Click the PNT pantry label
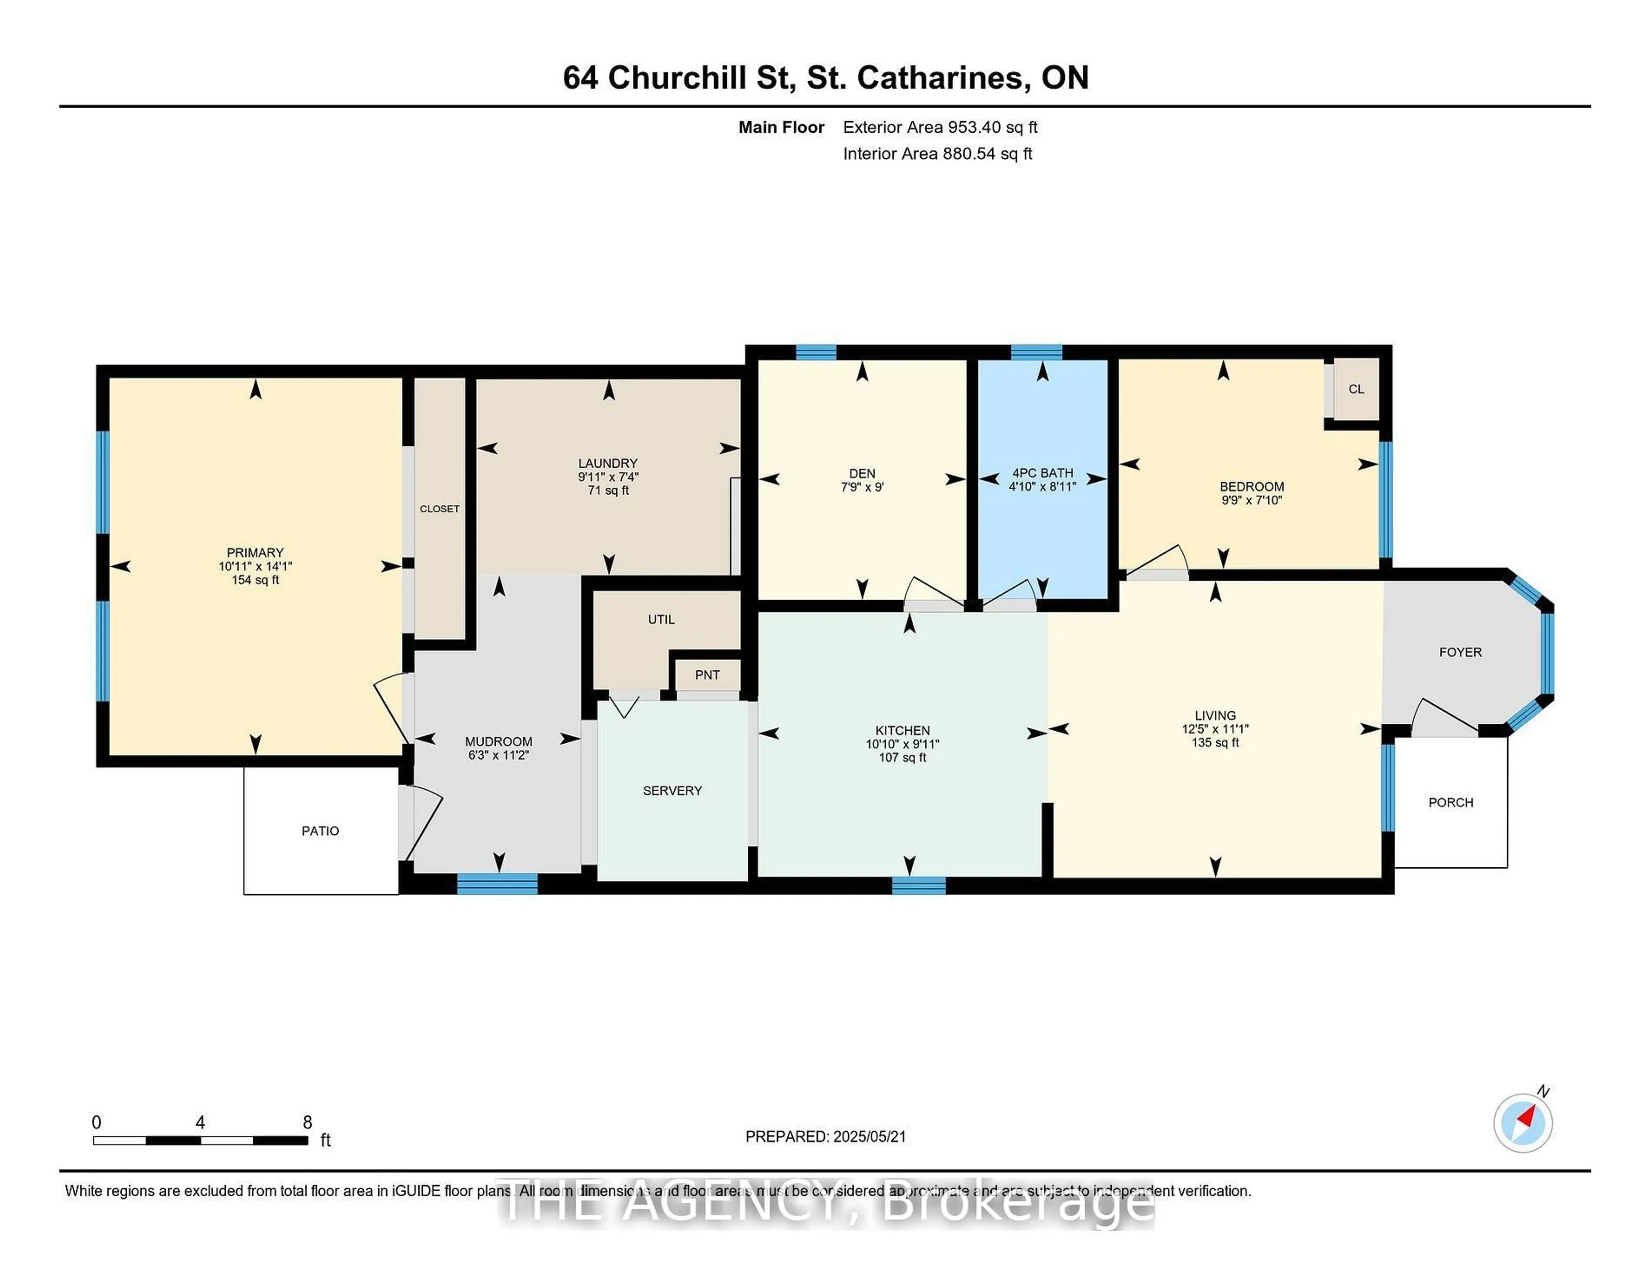click(x=707, y=675)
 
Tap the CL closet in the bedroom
click(x=1356, y=389)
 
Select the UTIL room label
click(x=661, y=619)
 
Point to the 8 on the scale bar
click(x=308, y=1122)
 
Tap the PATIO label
click(x=320, y=831)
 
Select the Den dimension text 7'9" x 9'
click(x=862, y=487)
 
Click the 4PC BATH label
click(x=1042, y=473)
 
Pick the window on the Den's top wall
click(x=816, y=352)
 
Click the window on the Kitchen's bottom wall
click(x=919, y=885)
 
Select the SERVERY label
click(x=672, y=791)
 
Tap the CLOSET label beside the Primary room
click(x=440, y=509)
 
